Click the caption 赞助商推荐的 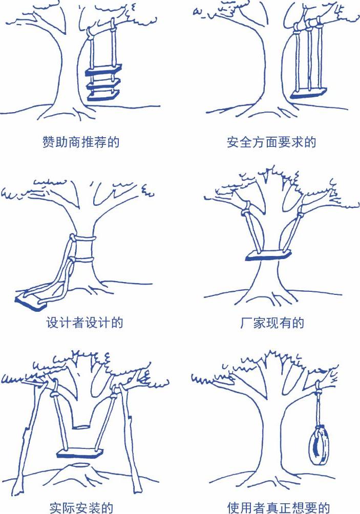pos(81,142)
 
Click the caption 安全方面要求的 pos(271,142)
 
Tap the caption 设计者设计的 pos(84,323)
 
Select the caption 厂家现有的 pos(272,323)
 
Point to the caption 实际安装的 pos(81,507)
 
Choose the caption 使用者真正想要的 pos(279,507)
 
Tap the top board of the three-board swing pos(103,70)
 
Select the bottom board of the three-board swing pos(103,95)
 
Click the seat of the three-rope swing pos(308,93)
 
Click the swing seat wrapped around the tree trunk pos(268,255)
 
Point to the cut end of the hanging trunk pos(81,427)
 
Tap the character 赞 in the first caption pos(49,142)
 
